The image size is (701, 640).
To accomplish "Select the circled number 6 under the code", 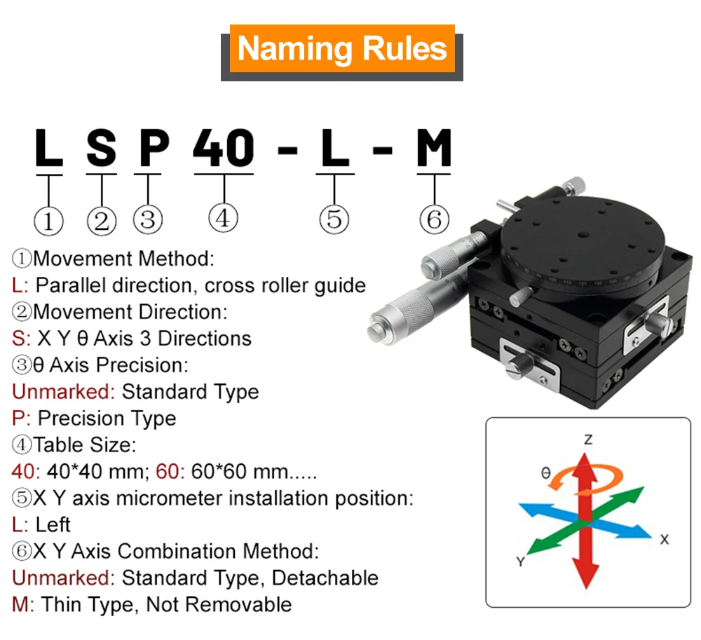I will [x=434, y=219].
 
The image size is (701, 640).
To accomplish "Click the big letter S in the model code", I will [x=102, y=148].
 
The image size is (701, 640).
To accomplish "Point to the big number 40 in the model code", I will [x=224, y=148].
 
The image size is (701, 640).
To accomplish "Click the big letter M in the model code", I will [x=434, y=148].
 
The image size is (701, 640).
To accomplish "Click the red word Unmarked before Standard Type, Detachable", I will [x=63, y=578].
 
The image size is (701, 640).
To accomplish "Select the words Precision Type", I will [x=107, y=418].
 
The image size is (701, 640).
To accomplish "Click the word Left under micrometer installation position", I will [x=53, y=525].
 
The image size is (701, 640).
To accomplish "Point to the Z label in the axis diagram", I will [x=588, y=440].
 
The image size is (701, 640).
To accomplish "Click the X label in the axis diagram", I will [x=665, y=539].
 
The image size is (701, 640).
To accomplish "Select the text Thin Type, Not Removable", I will [x=167, y=604].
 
